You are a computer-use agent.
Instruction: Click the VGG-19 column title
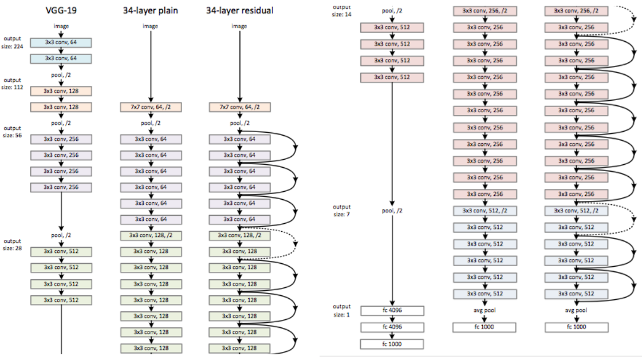click(x=61, y=10)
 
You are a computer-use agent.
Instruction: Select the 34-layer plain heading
click(x=150, y=11)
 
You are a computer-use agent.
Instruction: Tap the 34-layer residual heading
click(x=239, y=11)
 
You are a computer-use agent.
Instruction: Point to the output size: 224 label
click(x=12, y=42)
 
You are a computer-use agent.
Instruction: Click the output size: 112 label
click(x=12, y=84)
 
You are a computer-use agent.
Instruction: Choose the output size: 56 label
click(x=12, y=131)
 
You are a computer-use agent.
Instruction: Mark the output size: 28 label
click(x=12, y=244)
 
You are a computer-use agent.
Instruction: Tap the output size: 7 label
click(x=341, y=210)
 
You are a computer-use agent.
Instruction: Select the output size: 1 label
click(x=341, y=311)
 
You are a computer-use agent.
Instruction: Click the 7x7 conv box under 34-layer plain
click(x=151, y=107)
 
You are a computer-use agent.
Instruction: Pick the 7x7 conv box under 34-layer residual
click(x=239, y=107)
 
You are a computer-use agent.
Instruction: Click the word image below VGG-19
click(x=61, y=26)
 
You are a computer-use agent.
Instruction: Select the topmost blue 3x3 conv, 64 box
click(x=61, y=42)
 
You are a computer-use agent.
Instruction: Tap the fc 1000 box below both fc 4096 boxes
click(x=392, y=344)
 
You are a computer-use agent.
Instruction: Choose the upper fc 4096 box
click(x=392, y=311)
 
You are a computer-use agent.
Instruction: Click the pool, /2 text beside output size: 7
click(x=392, y=211)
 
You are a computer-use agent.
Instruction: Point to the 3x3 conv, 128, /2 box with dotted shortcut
click(x=239, y=236)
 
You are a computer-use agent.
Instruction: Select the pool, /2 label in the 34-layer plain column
click(x=151, y=123)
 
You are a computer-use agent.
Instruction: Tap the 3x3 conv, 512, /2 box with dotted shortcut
click(x=576, y=211)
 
